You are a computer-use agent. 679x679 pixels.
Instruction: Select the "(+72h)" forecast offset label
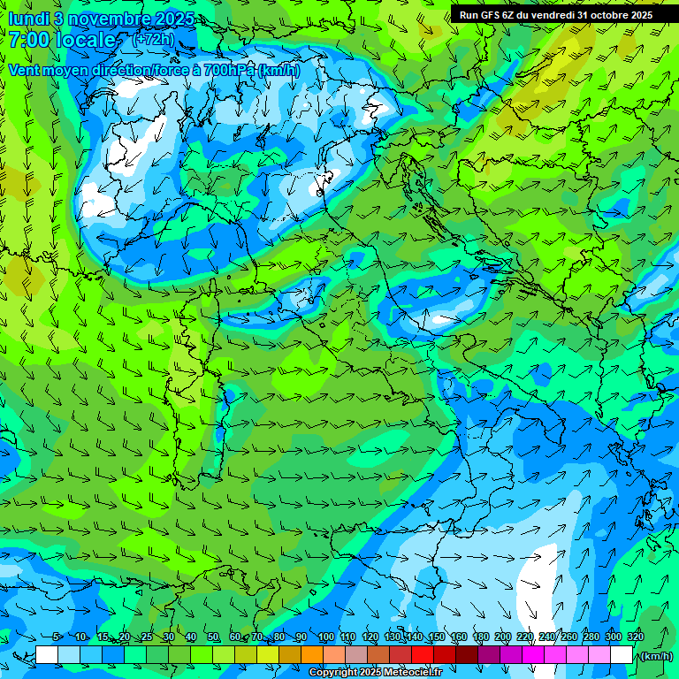[x=152, y=40]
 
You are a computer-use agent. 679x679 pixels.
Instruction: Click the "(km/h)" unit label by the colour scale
[x=655, y=656]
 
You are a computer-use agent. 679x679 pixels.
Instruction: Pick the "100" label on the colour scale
[x=325, y=637]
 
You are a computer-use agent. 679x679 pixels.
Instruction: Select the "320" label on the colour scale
[x=635, y=637]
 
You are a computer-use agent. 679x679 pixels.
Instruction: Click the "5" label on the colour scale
[x=57, y=637]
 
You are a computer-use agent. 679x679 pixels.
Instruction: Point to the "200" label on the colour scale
[x=502, y=637]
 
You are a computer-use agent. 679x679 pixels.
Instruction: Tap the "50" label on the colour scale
[x=213, y=637]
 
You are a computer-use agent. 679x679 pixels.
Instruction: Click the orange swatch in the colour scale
[x=312, y=654]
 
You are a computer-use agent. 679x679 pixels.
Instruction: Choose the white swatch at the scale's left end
[x=47, y=654]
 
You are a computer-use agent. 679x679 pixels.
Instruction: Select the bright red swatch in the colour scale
[x=423, y=654]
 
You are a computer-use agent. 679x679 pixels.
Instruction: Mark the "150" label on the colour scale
[x=436, y=637]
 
